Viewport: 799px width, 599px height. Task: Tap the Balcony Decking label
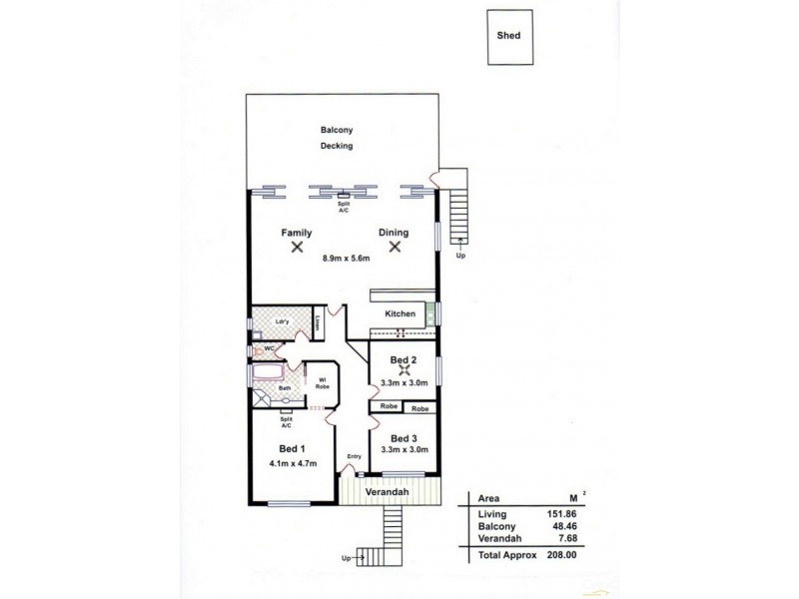pos(338,138)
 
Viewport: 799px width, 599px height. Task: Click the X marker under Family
pos(297,247)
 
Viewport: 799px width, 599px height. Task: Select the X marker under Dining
pos(396,247)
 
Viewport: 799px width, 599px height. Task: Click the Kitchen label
pos(399,313)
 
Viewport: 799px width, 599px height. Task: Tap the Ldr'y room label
pos(269,321)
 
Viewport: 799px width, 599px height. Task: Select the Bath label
pos(285,388)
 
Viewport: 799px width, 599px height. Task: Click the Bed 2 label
pos(403,359)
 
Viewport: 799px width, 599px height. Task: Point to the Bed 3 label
pos(403,438)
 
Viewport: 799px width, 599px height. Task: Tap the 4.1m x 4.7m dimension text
pos(291,462)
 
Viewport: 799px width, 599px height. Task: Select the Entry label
pos(354,457)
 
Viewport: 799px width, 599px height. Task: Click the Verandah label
pos(390,493)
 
